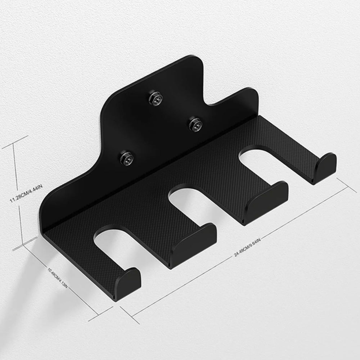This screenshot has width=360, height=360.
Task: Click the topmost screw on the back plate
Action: click(156, 98)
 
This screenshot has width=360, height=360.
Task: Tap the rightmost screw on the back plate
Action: click(195, 125)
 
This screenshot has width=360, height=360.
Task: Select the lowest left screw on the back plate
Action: click(126, 158)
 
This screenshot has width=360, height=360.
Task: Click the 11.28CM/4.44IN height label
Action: click(26, 193)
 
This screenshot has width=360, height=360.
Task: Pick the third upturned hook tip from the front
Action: click(266, 202)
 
